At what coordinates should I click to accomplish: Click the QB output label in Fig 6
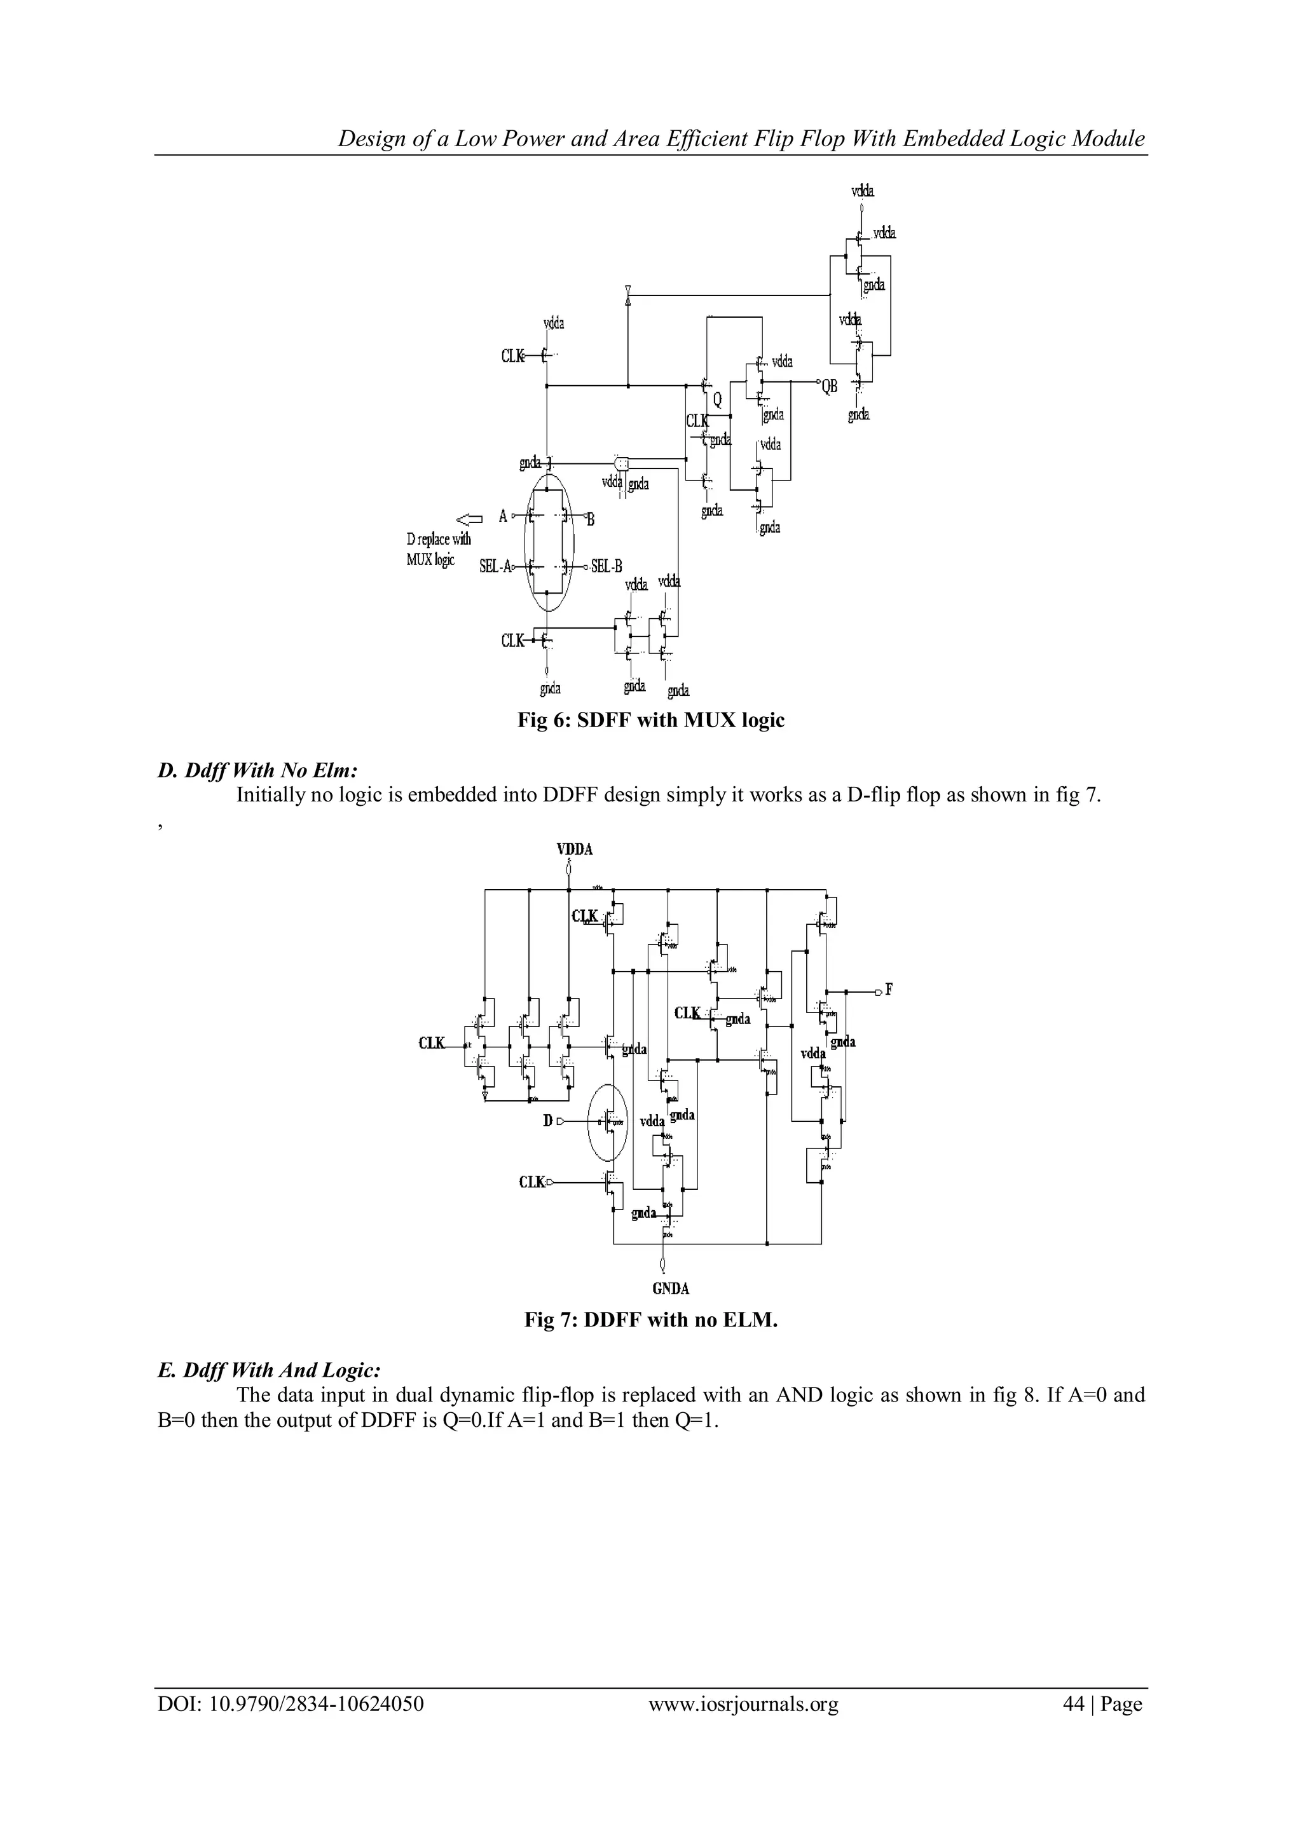point(829,386)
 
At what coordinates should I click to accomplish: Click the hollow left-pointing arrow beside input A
point(469,517)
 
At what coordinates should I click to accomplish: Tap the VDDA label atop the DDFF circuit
point(575,850)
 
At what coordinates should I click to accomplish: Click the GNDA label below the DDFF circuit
point(670,1289)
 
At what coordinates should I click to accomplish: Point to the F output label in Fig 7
point(889,990)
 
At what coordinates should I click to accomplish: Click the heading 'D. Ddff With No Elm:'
point(257,770)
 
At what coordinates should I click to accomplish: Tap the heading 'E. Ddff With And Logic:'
point(268,1370)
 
